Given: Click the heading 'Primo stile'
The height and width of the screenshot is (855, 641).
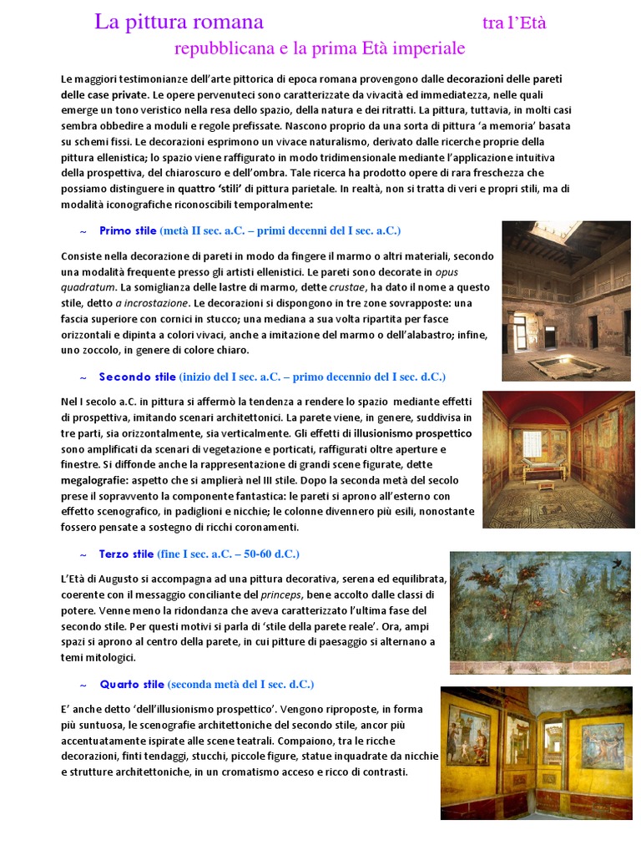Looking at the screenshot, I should (x=128, y=230).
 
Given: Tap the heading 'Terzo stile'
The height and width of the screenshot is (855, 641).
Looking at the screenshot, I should (x=126, y=554).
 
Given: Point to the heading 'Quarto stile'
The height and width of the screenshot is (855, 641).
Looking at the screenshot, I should (x=131, y=684).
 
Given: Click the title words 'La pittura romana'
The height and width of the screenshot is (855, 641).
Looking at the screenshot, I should (x=179, y=23).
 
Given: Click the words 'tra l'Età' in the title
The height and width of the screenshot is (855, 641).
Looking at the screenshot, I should (x=514, y=23).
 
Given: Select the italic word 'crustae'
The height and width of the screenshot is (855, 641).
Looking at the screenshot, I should (x=348, y=287).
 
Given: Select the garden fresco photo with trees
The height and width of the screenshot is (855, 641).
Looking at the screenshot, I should (x=539, y=612).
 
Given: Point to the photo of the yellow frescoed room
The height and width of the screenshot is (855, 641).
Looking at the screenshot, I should (x=535, y=752).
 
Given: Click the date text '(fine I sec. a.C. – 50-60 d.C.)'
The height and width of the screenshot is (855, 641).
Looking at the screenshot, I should (x=228, y=554).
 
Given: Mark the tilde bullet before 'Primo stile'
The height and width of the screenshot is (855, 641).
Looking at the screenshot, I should (x=82, y=231).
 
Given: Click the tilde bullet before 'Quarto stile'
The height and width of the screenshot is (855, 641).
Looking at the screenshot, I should (x=82, y=685).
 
